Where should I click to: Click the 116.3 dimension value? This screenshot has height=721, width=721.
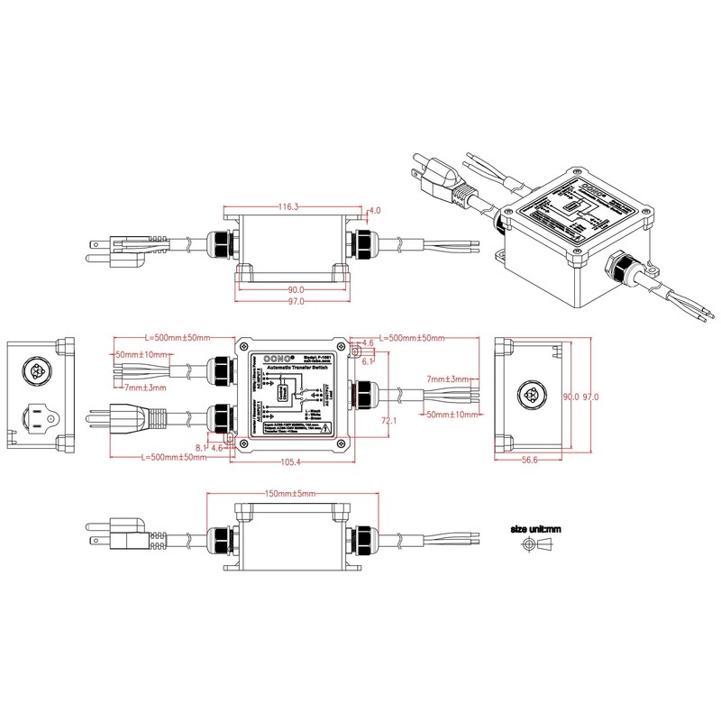point(288,207)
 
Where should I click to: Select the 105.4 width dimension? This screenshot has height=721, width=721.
point(287,462)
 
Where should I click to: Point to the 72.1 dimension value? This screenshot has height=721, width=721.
point(389,421)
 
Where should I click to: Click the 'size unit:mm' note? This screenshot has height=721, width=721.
point(535,529)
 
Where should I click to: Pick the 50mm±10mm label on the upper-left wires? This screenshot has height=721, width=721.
point(141,354)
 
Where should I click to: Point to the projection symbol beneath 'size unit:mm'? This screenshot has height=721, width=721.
point(535,545)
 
